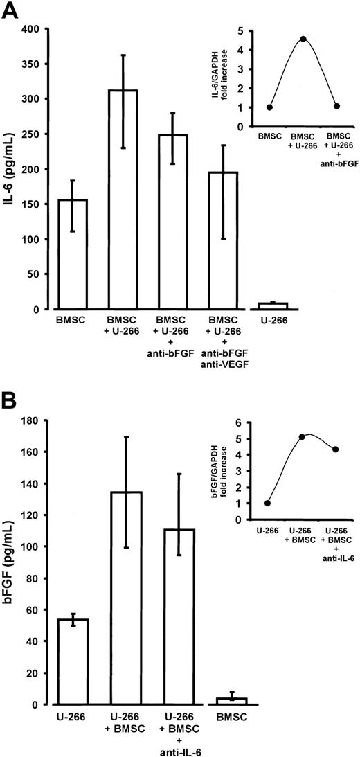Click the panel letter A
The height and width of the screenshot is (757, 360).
click(11, 12)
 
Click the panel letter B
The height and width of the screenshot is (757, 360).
click(10, 402)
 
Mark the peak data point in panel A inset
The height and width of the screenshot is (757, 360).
click(303, 39)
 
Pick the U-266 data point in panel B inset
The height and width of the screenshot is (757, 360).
click(268, 503)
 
